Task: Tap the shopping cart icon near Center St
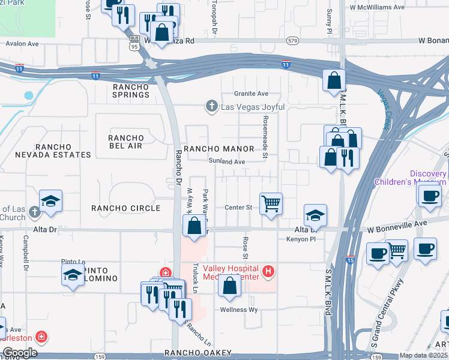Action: point(271,204)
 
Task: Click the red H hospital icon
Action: point(268,272)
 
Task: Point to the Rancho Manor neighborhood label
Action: point(218,148)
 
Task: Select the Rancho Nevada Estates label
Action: point(54,151)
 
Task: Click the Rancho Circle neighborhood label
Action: point(125,208)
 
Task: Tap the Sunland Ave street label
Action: point(227,162)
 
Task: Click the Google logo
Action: point(19,353)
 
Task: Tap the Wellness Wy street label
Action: point(239,310)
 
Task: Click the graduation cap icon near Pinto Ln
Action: point(73,275)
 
